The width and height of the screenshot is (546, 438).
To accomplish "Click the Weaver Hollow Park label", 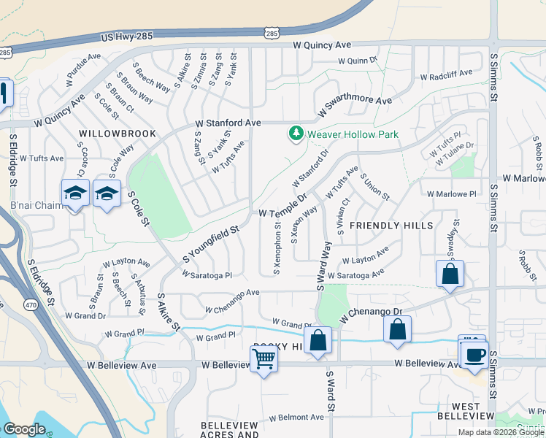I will (353, 134).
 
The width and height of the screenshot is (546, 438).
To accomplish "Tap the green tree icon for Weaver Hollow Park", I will (296, 134).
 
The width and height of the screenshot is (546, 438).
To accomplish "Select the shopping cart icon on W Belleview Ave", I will (264, 358).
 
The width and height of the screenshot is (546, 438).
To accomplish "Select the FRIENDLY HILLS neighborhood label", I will (392, 226).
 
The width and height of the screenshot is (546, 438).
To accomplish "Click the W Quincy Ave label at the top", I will (323, 45).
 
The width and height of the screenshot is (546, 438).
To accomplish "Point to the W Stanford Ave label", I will (227, 123).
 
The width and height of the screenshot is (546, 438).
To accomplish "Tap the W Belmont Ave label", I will (296, 418).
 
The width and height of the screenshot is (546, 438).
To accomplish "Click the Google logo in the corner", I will (24, 429).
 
